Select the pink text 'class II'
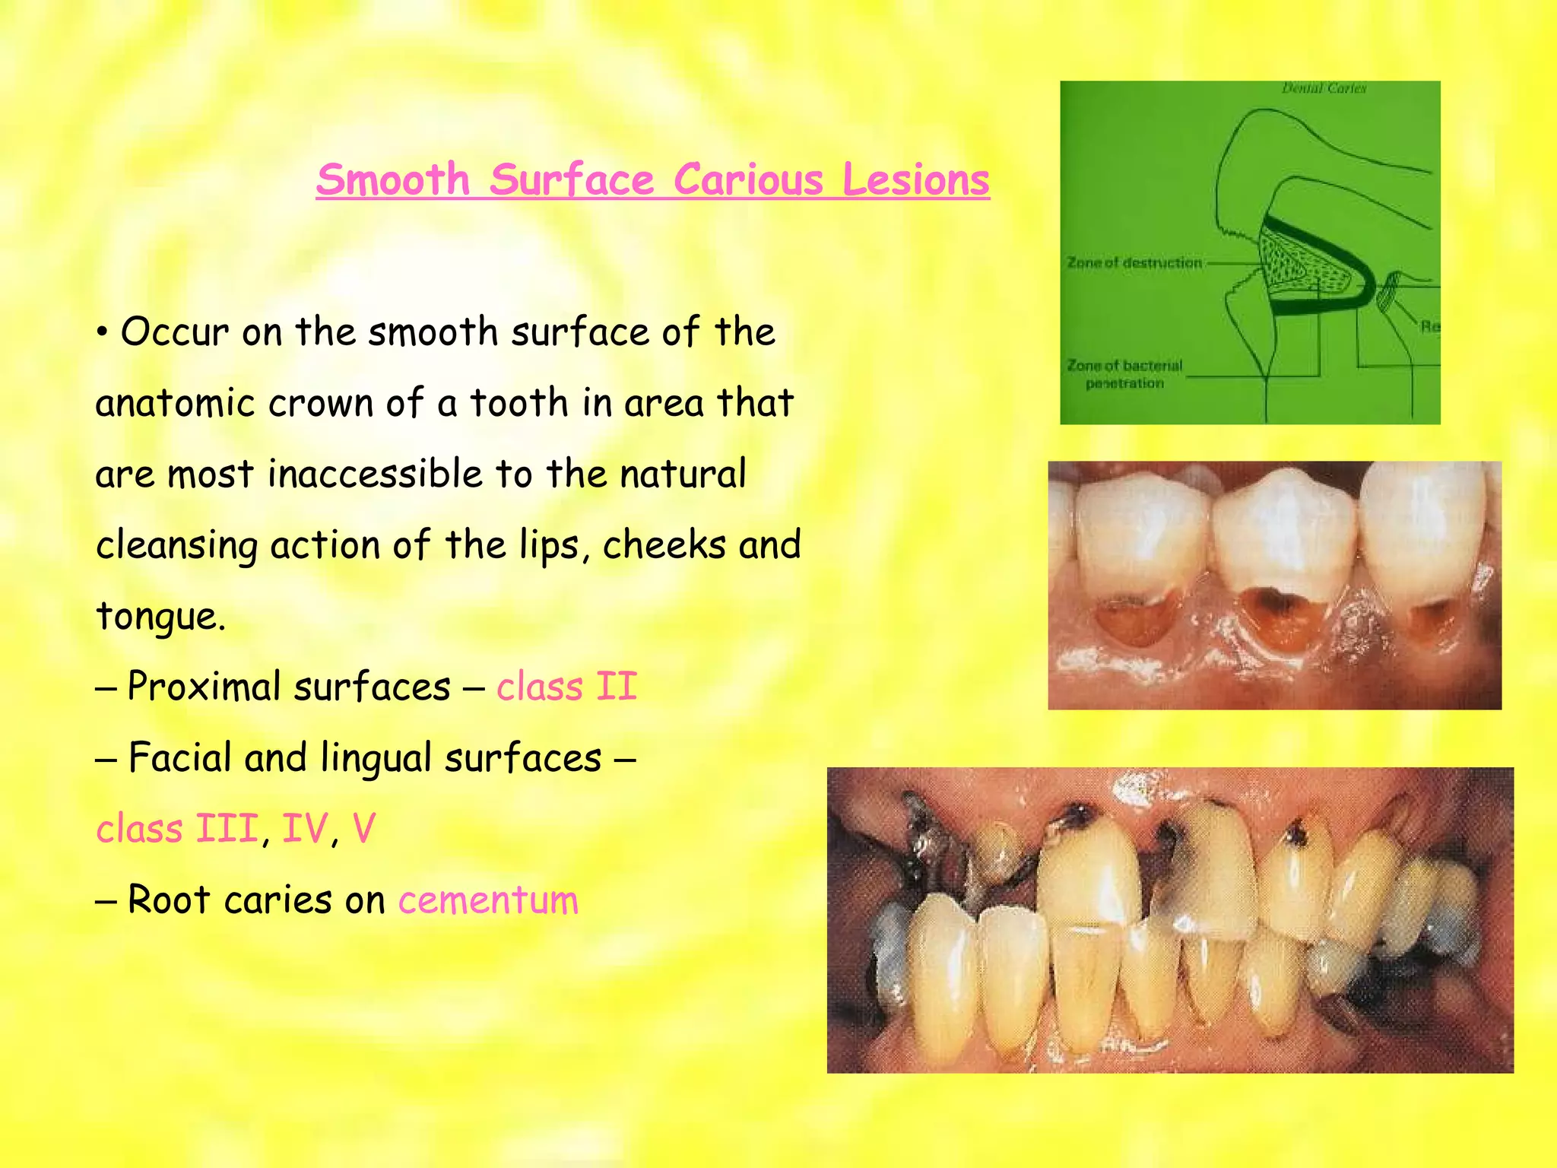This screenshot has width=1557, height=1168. [x=566, y=687]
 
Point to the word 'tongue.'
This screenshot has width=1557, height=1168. [x=160, y=616]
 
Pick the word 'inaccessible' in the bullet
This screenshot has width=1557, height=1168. [x=375, y=474]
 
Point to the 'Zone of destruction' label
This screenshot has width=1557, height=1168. [x=1134, y=263]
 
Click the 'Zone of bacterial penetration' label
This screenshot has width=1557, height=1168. [x=1124, y=374]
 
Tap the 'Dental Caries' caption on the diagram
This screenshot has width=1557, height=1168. [x=1324, y=89]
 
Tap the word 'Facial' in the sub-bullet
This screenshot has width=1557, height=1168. [x=179, y=757]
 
